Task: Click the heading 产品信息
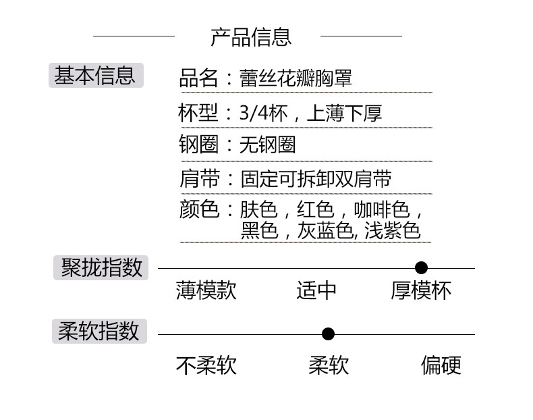[251, 36]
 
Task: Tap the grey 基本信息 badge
[96, 76]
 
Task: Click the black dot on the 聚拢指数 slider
[422, 268]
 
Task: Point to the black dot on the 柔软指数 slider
[329, 334]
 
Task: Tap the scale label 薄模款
[206, 290]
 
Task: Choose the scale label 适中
[316, 290]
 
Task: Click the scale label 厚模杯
[421, 290]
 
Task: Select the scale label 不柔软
[206, 365]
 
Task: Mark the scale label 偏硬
[441, 365]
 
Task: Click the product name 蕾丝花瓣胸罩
[296, 78]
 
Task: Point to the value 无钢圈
[268, 145]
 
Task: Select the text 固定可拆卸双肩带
[316, 178]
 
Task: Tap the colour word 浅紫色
[392, 231]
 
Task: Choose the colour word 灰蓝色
[326, 231]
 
